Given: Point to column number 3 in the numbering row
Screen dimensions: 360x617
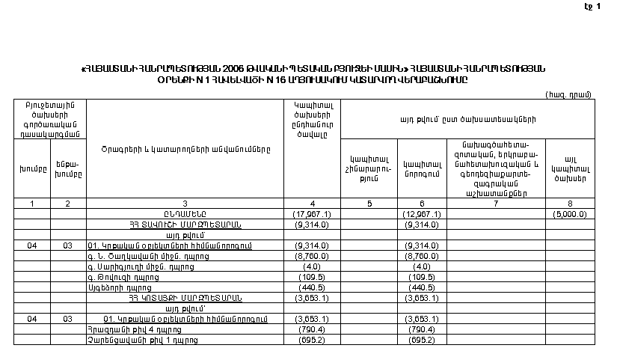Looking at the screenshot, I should click(x=185, y=204).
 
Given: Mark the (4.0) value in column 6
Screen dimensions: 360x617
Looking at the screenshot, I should click(x=421, y=266).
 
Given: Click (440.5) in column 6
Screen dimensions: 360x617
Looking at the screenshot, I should click(x=421, y=287).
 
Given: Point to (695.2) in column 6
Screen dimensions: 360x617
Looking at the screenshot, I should click(x=421, y=339).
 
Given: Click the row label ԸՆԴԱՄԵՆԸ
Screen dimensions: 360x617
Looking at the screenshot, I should click(x=185, y=213).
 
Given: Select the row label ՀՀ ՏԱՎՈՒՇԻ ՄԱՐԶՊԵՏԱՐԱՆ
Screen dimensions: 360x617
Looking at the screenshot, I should click(x=185, y=224).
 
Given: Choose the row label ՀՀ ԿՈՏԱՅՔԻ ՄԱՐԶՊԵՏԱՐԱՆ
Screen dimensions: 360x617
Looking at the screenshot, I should click(x=185, y=297).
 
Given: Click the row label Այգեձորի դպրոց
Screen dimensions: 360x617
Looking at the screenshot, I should click(x=120, y=287).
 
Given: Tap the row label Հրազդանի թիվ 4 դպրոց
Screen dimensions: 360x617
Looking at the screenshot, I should click(x=126, y=329).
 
